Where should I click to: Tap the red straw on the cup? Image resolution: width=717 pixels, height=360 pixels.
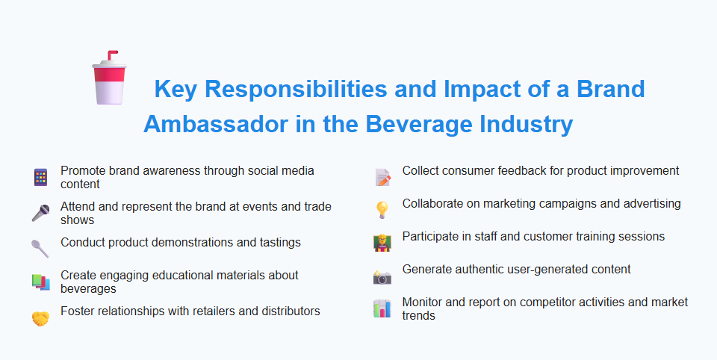pos(111,57)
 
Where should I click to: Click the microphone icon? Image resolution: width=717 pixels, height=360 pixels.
pos(40,213)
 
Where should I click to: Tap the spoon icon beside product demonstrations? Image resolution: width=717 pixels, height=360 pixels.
pos(40,247)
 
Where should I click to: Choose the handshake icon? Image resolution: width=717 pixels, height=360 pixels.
pos(40,318)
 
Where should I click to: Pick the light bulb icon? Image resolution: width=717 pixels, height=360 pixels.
pos(382,210)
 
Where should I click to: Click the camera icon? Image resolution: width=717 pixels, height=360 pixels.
pos(382,278)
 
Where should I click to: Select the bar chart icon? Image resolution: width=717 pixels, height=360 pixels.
pos(382,308)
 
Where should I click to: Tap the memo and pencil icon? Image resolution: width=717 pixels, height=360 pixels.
pos(382,177)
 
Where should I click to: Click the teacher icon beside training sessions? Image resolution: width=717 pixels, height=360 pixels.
pos(382,243)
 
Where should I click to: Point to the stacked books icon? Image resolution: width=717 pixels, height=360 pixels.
pos(40,282)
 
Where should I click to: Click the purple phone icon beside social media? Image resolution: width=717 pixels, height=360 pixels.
pos(40,177)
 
